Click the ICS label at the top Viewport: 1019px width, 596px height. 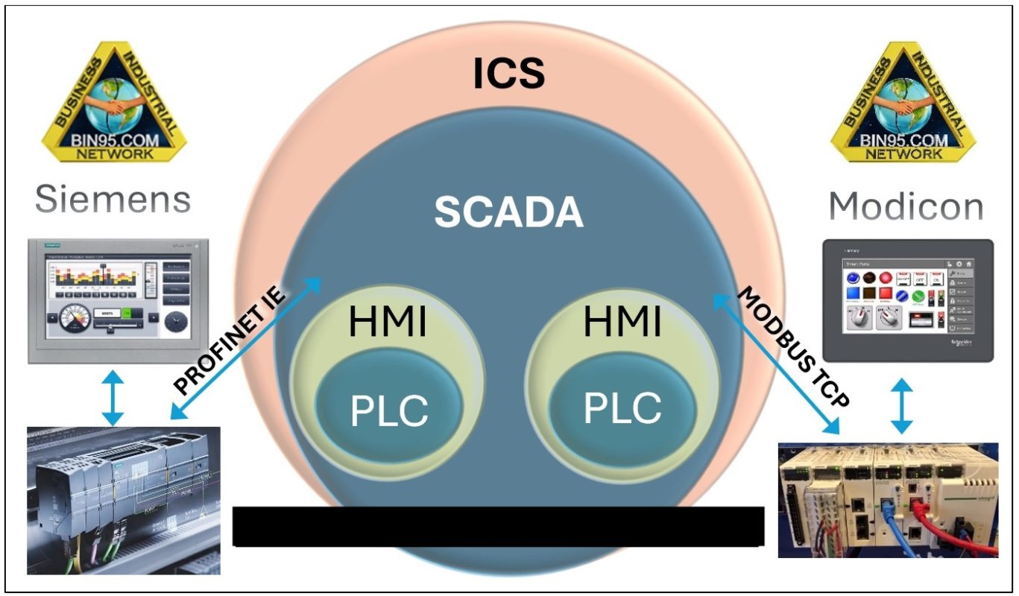point(510,73)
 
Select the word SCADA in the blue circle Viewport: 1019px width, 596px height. point(509,212)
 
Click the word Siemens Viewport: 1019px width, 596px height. point(113,200)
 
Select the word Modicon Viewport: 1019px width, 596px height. point(906,206)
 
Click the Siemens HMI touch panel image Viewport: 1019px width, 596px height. point(118,299)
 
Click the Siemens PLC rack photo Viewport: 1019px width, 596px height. point(123,499)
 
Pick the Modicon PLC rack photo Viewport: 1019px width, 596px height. point(887,500)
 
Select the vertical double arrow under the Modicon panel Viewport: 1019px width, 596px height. point(902,406)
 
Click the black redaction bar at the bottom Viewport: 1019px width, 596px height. point(498,526)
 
